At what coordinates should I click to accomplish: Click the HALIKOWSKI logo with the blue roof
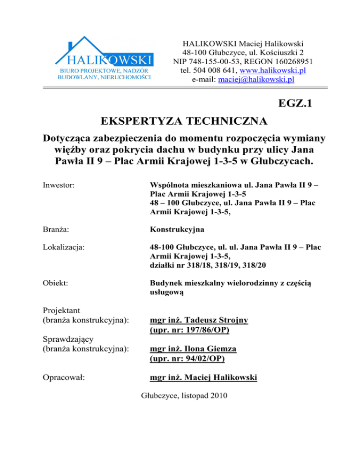(x=105, y=59)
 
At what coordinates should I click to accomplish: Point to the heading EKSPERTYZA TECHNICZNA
(x=185, y=122)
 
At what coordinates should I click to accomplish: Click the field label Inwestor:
(x=58, y=180)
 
